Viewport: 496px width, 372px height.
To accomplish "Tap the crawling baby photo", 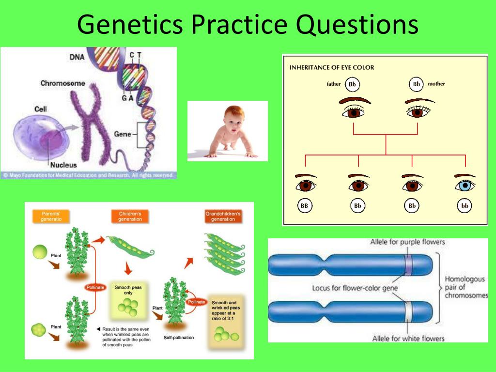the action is tap(227, 131).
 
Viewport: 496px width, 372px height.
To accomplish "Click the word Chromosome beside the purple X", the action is tap(62, 83).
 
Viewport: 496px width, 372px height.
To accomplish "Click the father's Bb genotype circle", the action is tap(352, 84).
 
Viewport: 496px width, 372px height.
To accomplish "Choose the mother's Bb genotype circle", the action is tap(416, 84).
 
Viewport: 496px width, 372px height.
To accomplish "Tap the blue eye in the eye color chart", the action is tap(465, 185).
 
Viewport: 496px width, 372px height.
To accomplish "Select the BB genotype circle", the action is tap(305, 206).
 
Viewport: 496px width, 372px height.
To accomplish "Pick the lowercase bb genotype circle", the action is tap(465, 206).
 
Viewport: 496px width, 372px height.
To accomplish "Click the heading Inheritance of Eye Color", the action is tap(332, 67).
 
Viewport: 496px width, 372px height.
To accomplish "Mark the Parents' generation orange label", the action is tap(50, 216).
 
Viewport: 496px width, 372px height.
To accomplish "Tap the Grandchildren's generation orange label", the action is tap(223, 216).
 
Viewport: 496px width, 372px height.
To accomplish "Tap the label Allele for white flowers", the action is tap(408, 338).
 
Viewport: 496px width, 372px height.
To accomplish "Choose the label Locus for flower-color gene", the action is tap(355, 289).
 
